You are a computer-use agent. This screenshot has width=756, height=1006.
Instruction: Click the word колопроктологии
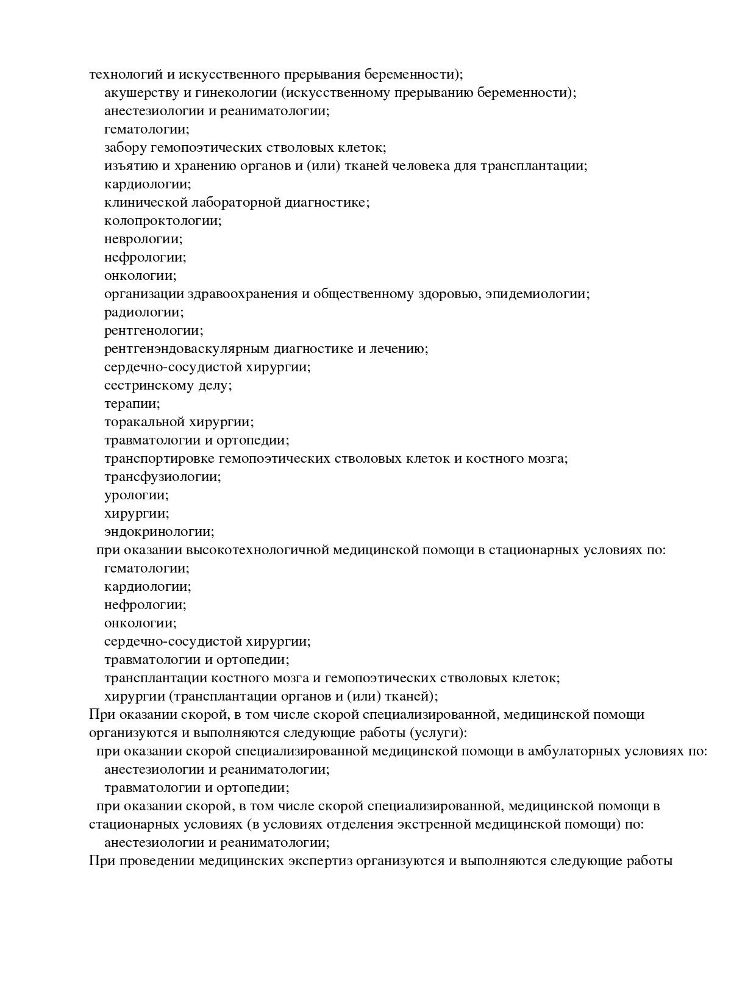(162, 221)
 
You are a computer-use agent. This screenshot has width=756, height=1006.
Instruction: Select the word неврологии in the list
(143, 239)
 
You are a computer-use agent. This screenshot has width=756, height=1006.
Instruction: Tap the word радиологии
(143, 312)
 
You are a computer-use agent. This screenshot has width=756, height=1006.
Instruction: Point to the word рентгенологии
(153, 330)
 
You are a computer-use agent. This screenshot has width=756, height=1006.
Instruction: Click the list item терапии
(132, 404)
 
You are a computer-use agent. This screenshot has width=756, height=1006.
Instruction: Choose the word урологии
(136, 495)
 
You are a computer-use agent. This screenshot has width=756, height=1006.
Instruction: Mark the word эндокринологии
(159, 532)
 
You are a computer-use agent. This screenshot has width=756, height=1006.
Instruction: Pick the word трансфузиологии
(162, 477)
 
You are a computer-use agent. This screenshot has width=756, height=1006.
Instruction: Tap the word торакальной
(144, 422)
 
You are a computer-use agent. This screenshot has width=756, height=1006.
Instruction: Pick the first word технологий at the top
(124, 74)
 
